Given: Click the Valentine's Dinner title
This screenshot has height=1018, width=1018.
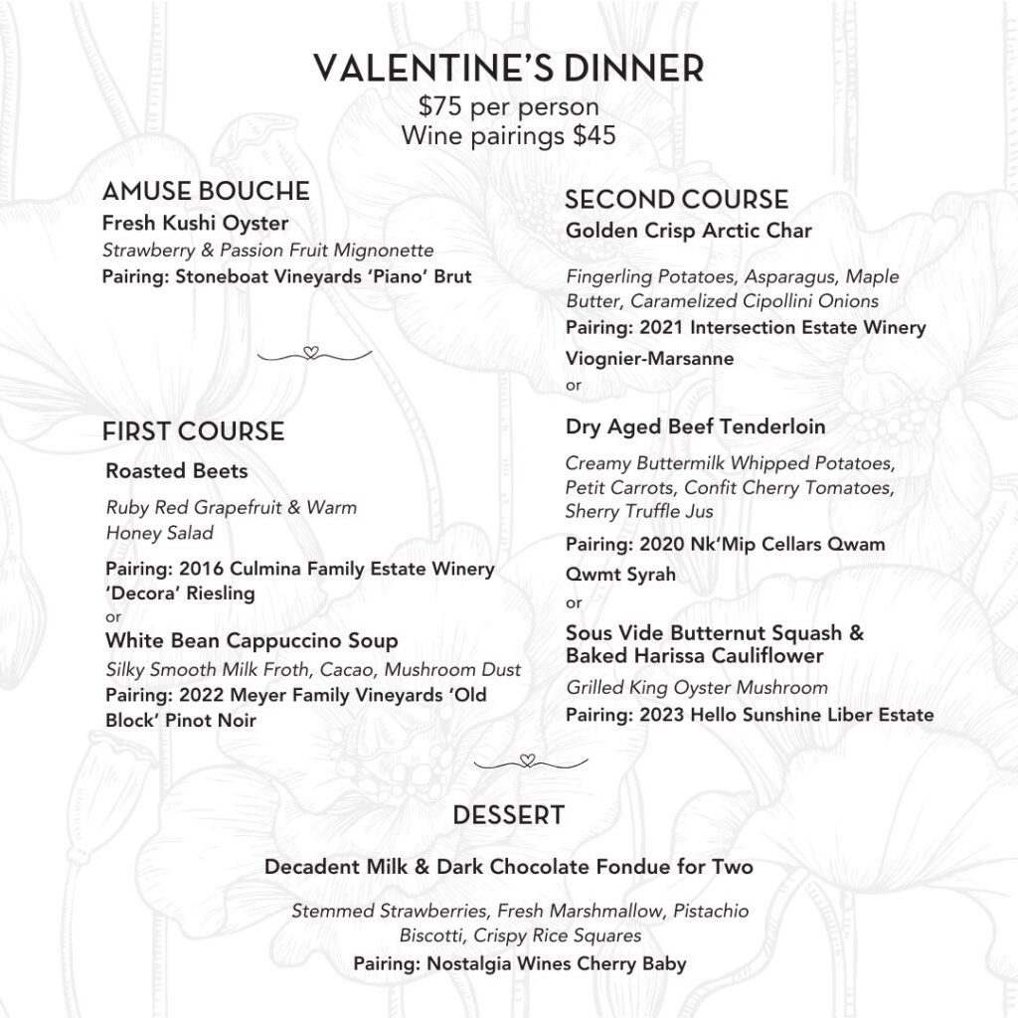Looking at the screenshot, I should (509, 69).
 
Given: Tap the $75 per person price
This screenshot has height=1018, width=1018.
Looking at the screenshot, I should (508, 107).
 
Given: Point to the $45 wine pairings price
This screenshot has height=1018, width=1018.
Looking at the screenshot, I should (594, 135).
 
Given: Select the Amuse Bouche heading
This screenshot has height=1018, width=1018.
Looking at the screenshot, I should (206, 191).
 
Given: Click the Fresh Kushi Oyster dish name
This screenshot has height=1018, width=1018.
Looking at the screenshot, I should (195, 223).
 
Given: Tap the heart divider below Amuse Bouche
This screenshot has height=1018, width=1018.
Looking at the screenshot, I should (312, 353).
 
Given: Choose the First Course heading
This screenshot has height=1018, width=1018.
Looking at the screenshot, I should (193, 431).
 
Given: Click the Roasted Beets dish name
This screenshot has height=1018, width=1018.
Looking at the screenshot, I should (176, 470).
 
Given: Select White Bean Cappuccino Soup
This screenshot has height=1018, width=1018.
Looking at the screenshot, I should (252, 640).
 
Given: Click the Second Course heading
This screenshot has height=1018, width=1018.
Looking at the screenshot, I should (676, 200).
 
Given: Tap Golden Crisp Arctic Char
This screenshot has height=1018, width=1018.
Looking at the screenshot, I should (688, 231).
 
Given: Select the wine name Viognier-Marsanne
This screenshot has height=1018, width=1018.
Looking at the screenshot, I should (649, 359).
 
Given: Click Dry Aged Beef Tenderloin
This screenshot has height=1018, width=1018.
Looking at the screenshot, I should (695, 426).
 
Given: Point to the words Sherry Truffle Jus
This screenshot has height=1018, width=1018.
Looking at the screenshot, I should (638, 512).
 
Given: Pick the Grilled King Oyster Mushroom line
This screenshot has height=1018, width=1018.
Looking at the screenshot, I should (696, 688).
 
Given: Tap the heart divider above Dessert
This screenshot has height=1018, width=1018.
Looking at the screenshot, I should (529, 763).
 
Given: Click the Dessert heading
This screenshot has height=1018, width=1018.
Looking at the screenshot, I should (508, 816).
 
